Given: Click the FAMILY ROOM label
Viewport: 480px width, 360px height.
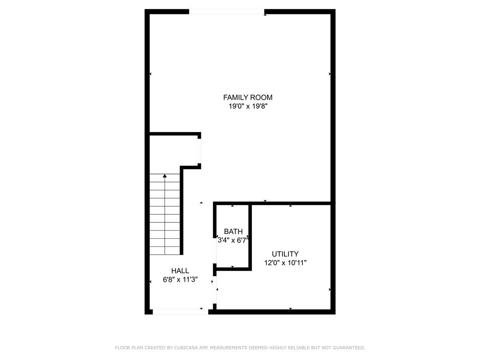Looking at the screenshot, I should click(x=248, y=97).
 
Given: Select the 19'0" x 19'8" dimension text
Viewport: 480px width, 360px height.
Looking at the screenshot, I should click(x=248, y=106).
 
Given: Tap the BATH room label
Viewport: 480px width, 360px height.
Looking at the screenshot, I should click(x=233, y=231).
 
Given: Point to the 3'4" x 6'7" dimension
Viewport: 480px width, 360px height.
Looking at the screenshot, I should click(x=233, y=240).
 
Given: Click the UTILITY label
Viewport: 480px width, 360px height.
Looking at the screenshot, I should click(x=285, y=254).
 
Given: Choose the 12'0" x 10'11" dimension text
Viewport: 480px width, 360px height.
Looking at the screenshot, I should click(x=285, y=263).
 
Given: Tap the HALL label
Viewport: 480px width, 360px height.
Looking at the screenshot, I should click(x=180, y=271).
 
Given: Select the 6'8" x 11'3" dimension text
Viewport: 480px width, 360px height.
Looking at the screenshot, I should click(x=180, y=280).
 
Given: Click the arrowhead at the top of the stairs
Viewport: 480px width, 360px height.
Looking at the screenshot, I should click(x=164, y=176).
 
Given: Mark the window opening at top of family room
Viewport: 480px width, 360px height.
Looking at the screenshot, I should click(x=227, y=12).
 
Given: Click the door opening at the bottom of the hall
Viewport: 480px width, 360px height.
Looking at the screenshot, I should click(x=180, y=312).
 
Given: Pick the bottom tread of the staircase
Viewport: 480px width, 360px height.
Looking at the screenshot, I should click(x=165, y=251).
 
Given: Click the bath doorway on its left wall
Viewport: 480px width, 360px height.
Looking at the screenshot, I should click(x=215, y=251).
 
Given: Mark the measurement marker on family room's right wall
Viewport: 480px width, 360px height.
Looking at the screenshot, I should click(x=330, y=74).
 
